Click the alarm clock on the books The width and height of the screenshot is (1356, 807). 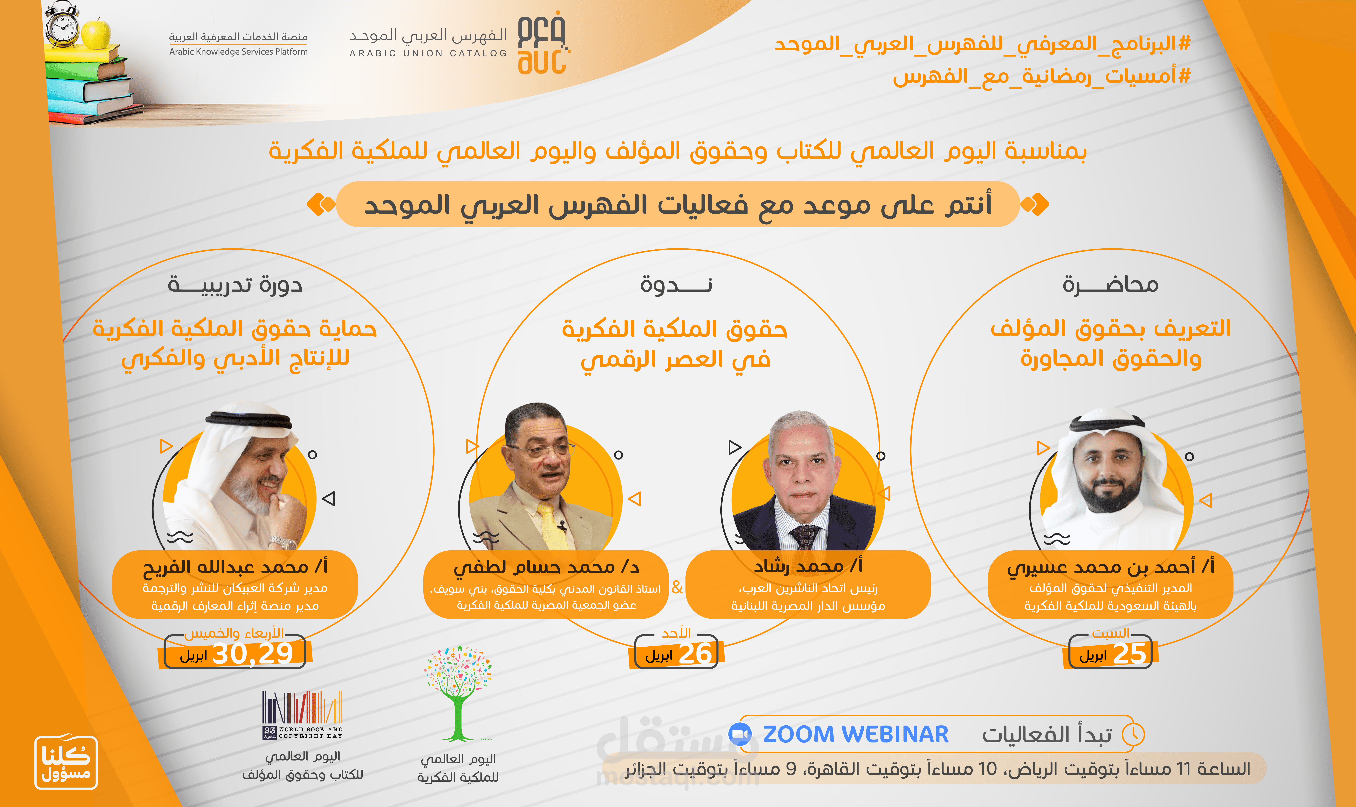[x=62, y=24]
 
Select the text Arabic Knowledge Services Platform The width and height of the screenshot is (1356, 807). [x=238, y=52]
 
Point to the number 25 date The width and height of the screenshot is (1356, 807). [x=1130, y=653]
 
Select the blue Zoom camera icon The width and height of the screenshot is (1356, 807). [x=740, y=735]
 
